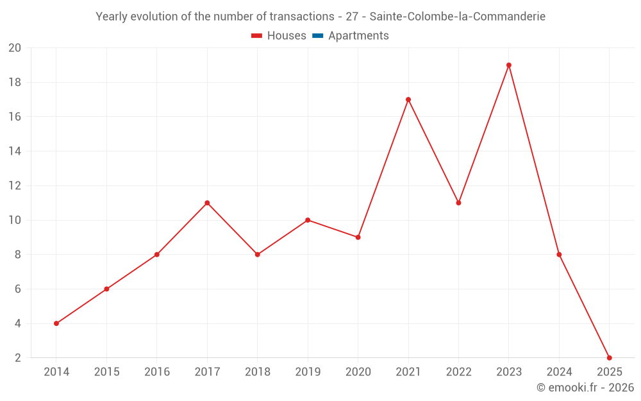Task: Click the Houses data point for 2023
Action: coord(509,65)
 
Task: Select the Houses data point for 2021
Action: coord(408,99)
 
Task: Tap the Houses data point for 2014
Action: coord(56,323)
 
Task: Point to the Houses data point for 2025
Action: coord(609,358)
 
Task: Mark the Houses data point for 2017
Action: coord(207,203)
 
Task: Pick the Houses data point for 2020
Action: coord(358,237)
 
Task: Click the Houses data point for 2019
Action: coord(308,220)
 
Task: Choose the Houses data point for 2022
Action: coord(458,203)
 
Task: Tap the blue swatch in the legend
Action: coord(317,36)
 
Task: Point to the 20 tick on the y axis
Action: coord(15,48)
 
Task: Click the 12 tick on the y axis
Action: coord(15,186)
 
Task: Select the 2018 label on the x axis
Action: coord(257,372)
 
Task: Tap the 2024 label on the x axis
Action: coord(559,372)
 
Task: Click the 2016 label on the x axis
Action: coord(157,372)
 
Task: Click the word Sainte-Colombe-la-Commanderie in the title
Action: coord(458,17)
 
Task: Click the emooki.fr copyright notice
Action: coord(585,388)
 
